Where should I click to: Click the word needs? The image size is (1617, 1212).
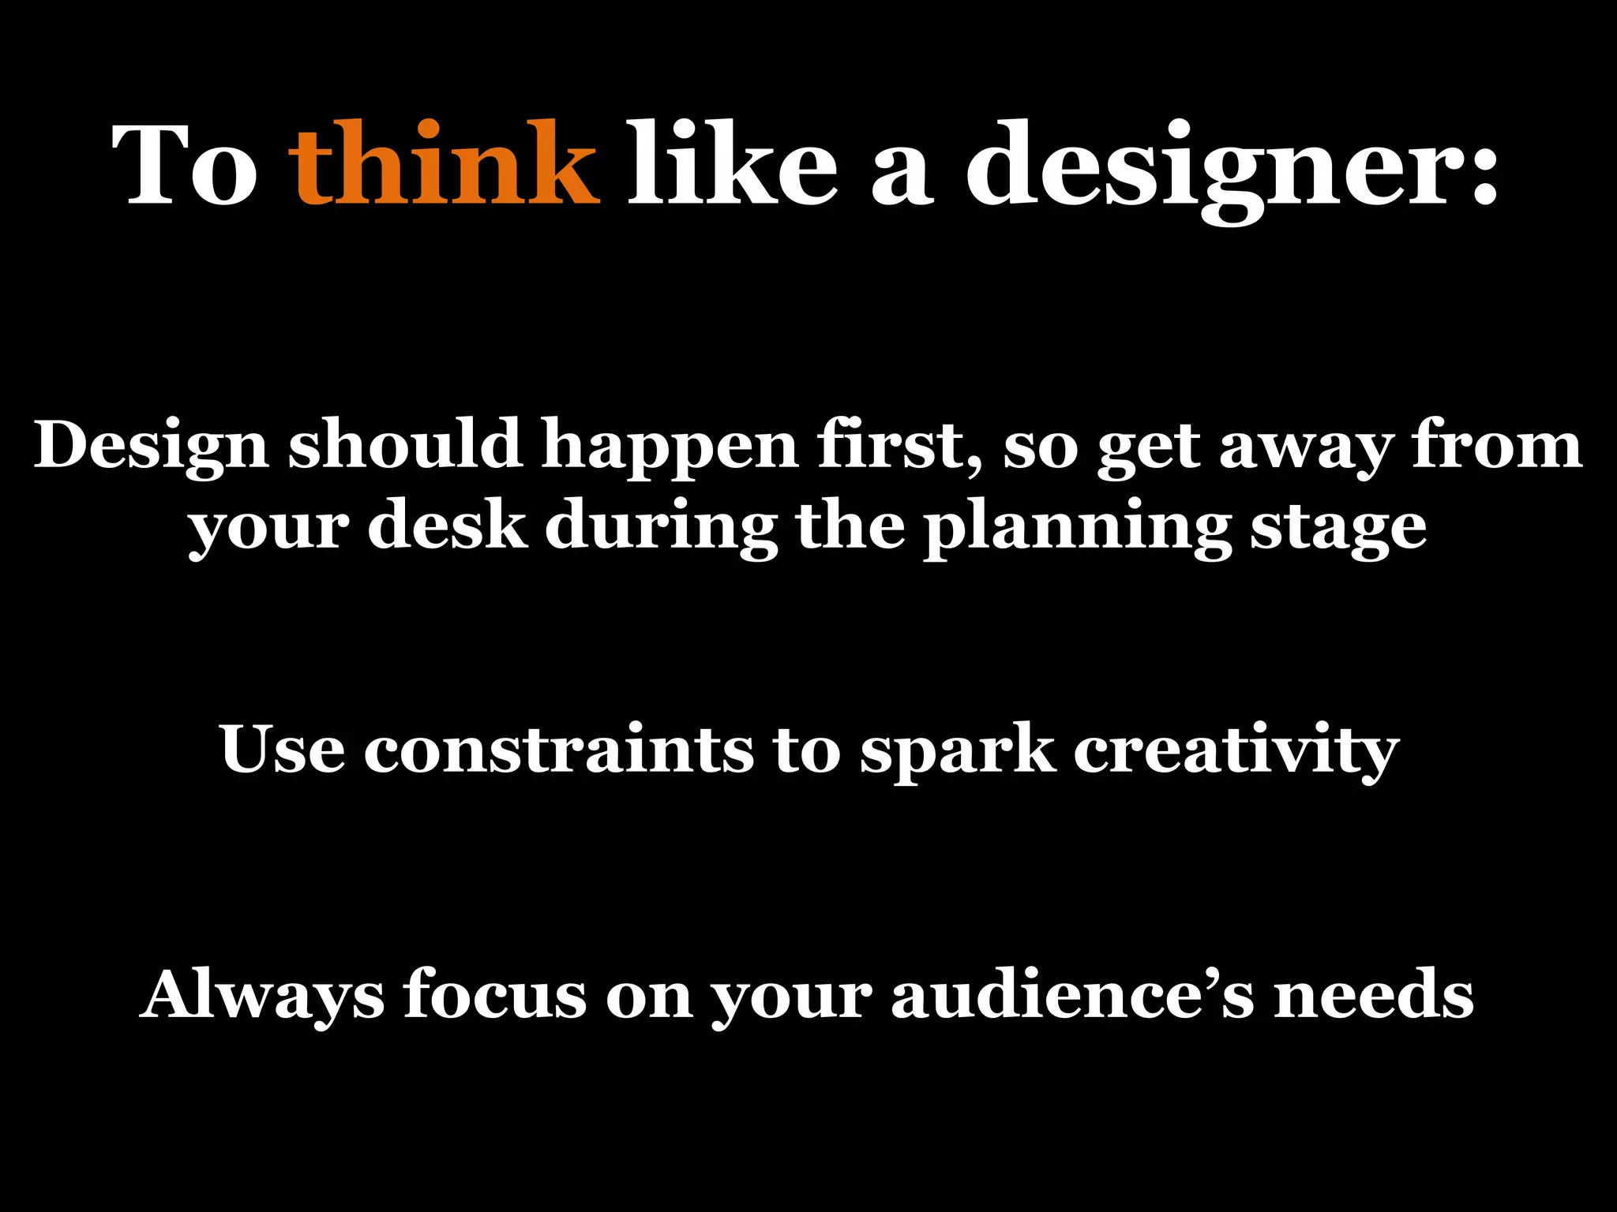[x=1374, y=995]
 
